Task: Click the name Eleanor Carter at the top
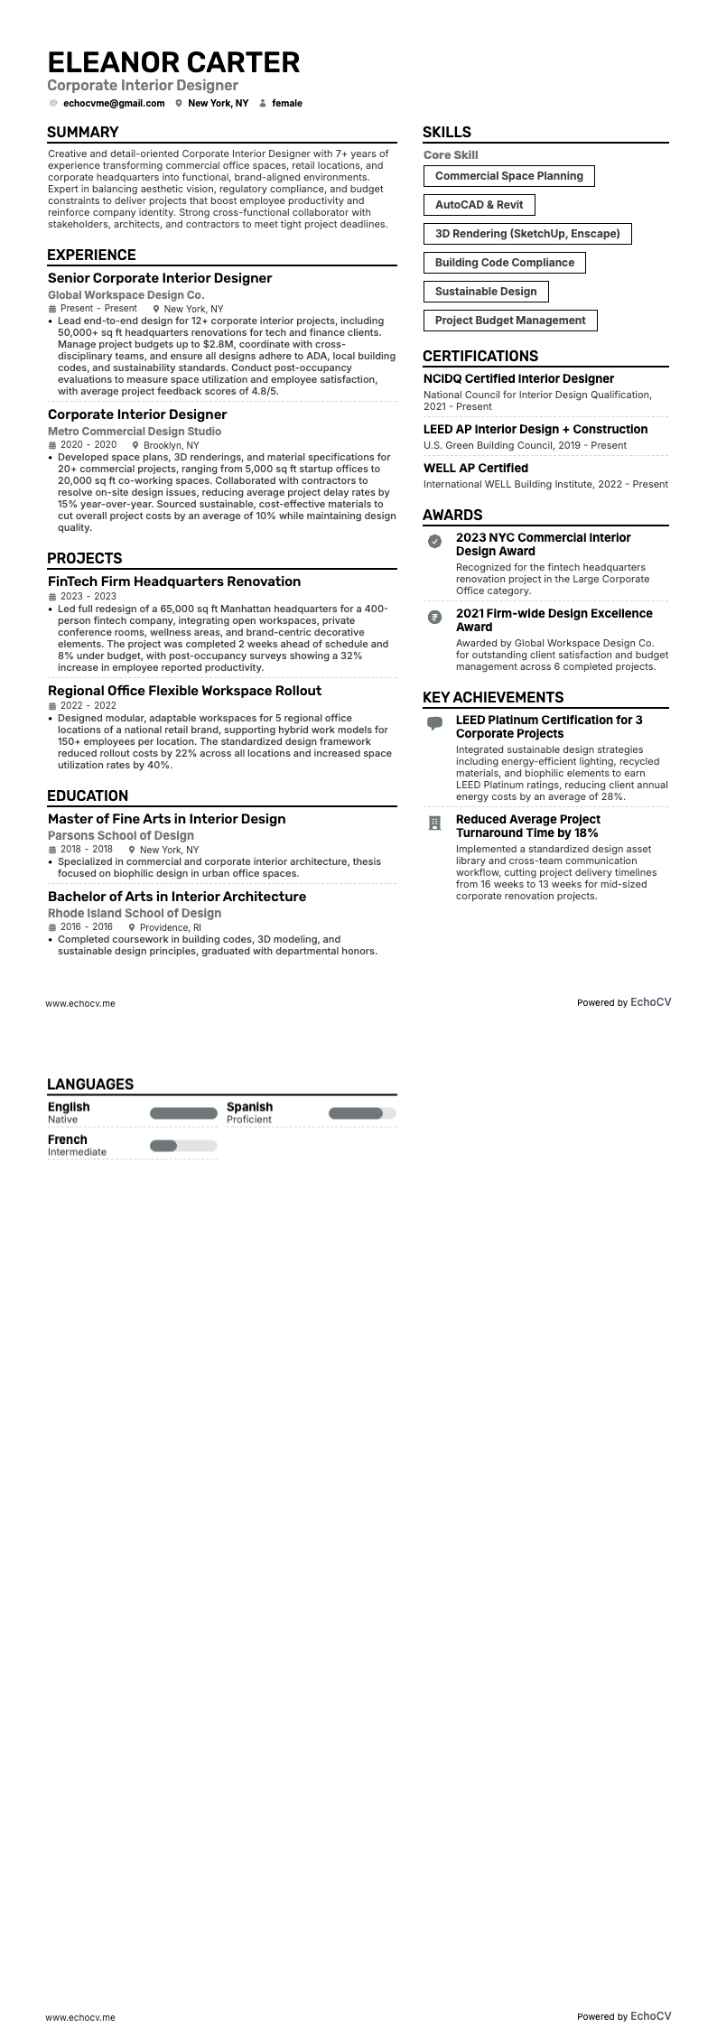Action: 173,62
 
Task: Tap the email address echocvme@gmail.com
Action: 114,103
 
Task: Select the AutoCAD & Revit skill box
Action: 479,205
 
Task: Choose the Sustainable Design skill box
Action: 486,292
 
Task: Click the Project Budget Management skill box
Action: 510,321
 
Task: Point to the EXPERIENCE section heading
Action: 91,255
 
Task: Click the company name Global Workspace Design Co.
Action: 126,295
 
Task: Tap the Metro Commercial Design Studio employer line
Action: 135,432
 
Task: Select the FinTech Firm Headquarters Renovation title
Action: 174,581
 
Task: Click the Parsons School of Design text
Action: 121,836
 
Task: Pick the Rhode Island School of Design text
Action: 135,914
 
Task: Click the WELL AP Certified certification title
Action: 476,468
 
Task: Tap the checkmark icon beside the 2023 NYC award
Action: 435,541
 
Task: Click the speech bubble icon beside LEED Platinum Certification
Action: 435,723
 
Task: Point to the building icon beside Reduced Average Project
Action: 435,823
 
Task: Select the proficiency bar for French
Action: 183,1146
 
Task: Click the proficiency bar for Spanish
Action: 362,1113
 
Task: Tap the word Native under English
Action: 63,1120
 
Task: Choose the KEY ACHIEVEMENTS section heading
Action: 493,697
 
